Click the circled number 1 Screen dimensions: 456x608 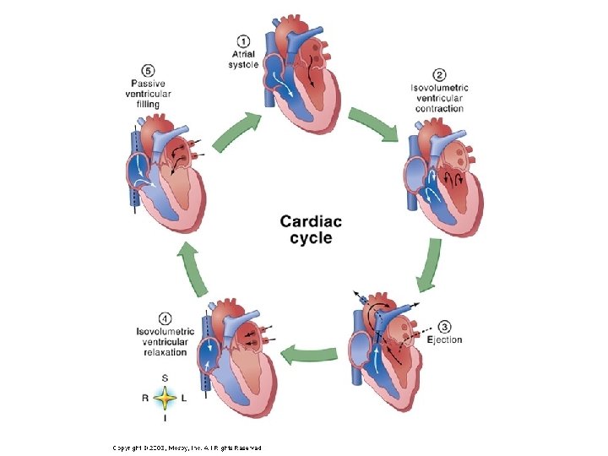[243, 41]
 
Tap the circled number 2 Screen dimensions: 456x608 [439, 75]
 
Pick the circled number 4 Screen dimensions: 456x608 [165, 318]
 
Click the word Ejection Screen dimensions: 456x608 [444, 339]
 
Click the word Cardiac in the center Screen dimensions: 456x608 [311, 221]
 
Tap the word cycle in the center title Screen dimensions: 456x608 [311, 237]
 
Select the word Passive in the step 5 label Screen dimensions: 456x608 [148, 83]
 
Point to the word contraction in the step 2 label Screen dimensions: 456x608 [439, 109]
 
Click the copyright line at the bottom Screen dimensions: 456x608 [189, 446]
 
